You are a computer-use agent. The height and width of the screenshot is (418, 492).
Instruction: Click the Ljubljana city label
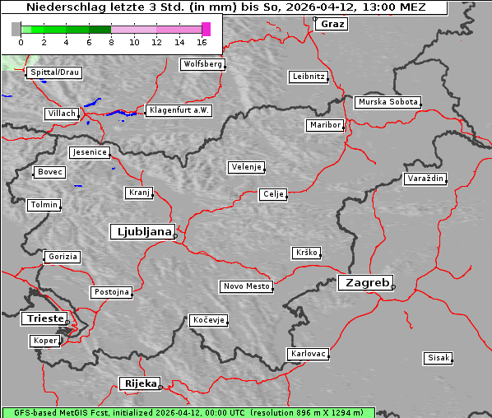point(142,231)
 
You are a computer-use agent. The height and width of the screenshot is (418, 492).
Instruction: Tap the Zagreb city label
point(364,282)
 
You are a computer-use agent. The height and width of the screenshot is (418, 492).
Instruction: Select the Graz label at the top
point(332,24)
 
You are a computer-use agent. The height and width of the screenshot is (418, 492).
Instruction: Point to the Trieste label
point(44,318)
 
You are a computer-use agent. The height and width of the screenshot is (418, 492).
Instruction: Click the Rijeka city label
point(140,383)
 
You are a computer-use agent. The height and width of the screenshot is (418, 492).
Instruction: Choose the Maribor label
point(324,125)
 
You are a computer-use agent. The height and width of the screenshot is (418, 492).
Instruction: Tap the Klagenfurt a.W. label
point(179,110)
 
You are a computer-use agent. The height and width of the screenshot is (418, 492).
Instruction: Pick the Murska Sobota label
point(388,103)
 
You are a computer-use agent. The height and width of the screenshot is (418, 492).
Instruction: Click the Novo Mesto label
point(246,286)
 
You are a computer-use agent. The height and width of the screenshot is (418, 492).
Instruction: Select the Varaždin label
point(425,179)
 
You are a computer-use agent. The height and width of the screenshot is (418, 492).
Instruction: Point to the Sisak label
point(438,358)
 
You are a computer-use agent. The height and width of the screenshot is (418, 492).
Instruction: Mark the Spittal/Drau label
point(54,72)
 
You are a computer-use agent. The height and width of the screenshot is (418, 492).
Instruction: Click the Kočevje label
point(208,319)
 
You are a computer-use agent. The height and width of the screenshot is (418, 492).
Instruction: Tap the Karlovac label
point(309,354)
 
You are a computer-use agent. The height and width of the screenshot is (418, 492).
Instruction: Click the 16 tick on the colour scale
point(202,42)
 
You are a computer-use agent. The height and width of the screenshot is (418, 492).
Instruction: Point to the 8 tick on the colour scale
point(111,42)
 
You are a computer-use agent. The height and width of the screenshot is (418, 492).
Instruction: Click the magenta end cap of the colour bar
point(206,29)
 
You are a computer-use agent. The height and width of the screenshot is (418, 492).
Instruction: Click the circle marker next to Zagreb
point(393,287)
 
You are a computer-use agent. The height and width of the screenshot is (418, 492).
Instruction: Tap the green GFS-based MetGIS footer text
point(188,412)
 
